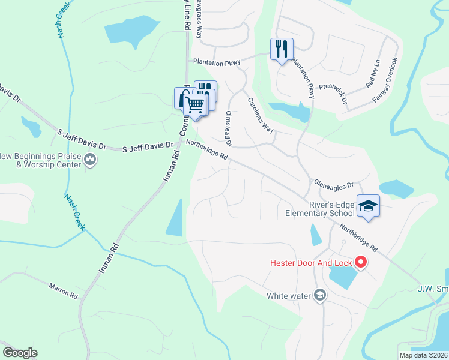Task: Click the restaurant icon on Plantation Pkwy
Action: [281, 49]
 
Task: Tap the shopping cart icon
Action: [194, 104]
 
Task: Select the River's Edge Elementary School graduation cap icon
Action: [367, 206]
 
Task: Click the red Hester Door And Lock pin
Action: [361, 262]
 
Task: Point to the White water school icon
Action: [320, 295]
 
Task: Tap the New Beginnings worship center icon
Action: [91, 159]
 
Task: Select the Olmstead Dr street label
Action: [228, 128]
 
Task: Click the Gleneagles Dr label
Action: [334, 184]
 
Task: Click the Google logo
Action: [20, 353]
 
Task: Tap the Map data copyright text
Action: [423, 355]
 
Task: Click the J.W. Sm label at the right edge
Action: [433, 288]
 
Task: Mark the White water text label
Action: [289, 295]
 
